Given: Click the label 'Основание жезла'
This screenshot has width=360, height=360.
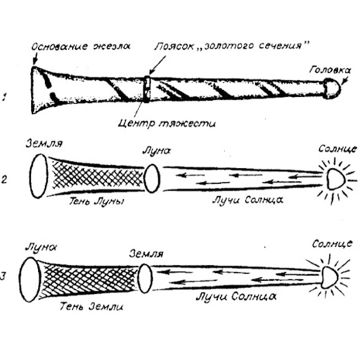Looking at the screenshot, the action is pyautogui.click(x=81, y=46).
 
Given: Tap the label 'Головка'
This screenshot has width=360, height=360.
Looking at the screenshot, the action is pyautogui.click(x=330, y=69).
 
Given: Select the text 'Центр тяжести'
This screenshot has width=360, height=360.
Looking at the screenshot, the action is pyautogui.click(x=167, y=124).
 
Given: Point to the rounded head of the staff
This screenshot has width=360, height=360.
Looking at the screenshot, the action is pyautogui.click(x=332, y=88).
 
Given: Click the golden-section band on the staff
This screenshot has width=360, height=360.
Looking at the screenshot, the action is pyautogui.click(x=147, y=89).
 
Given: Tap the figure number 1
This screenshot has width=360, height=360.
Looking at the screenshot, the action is pyautogui.click(x=4, y=97).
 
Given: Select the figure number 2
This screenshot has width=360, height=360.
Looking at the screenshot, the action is pyautogui.click(x=4, y=179).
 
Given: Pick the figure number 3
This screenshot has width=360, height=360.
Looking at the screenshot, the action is pyautogui.click(x=3, y=276).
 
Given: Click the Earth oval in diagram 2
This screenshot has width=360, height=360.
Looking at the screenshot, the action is pyautogui.click(x=39, y=176).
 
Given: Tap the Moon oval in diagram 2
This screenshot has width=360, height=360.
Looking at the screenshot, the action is pyautogui.click(x=152, y=178).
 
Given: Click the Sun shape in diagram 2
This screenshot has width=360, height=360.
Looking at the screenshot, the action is pyautogui.click(x=336, y=179).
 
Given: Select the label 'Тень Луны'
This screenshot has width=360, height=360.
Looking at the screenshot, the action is pyautogui.click(x=97, y=202).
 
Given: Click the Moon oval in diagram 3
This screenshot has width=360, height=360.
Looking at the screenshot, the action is pyautogui.click(x=30, y=279).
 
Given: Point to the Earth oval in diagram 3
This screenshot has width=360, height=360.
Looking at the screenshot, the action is pyautogui.click(x=145, y=278).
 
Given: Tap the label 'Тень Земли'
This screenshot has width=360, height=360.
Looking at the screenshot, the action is pyautogui.click(x=92, y=306).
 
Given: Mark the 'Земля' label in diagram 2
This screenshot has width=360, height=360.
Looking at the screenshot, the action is pyautogui.click(x=44, y=144).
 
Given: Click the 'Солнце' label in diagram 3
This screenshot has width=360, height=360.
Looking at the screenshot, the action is pyautogui.click(x=332, y=244).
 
